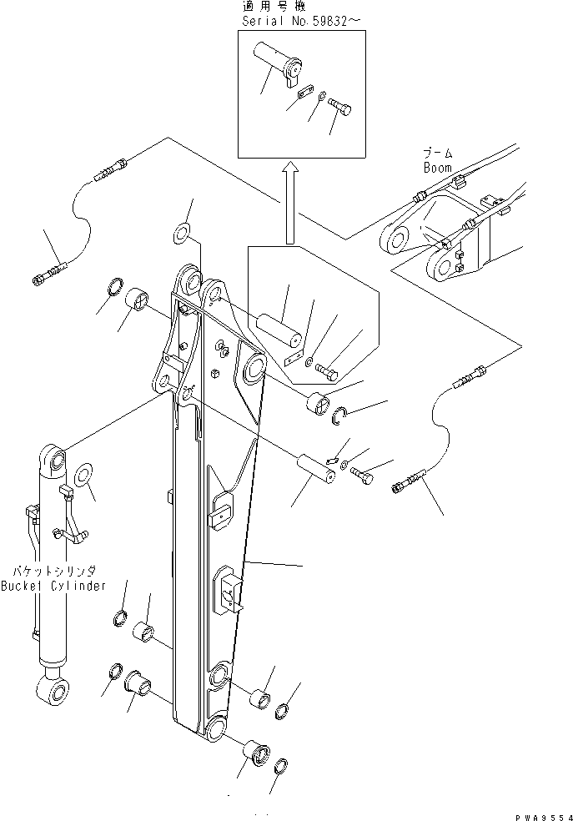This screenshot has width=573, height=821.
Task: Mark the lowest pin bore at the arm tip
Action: click(x=217, y=728)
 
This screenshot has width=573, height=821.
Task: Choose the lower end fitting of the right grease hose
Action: click(x=408, y=482)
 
